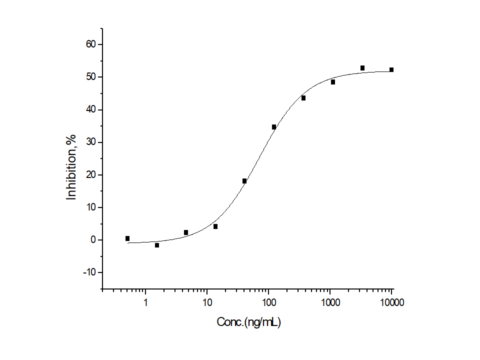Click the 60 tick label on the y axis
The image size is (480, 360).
[x=90, y=44]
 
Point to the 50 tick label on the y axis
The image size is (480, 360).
[x=90, y=77]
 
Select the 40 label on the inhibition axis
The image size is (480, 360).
[x=90, y=109]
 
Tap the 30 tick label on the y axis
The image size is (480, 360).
[x=90, y=142]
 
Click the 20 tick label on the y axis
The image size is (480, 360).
[x=90, y=174]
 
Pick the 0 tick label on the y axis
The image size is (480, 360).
[x=93, y=240]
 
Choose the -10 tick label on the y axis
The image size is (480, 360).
[x=88, y=272]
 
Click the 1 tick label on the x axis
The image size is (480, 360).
[x=145, y=302]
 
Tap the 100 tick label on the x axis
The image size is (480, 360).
[x=268, y=302]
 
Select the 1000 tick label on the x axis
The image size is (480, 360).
[x=330, y=302]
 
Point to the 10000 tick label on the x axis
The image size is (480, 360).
[x=391, y=302]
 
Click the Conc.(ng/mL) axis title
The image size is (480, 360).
[x=248, y=322]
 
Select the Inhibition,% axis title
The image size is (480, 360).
[x=72, y=167]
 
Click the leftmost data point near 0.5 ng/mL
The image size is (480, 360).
[x=127, y=238]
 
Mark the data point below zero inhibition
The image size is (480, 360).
[x=157, y=245]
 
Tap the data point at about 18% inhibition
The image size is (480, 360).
[x=244, y=181]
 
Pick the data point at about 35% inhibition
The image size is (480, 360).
[x=274, y=127]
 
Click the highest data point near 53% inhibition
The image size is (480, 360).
[x=362, y=68]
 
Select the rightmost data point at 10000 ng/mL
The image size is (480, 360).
[x=391, y=70]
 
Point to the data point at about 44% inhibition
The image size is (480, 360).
[x=303, y=98]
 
